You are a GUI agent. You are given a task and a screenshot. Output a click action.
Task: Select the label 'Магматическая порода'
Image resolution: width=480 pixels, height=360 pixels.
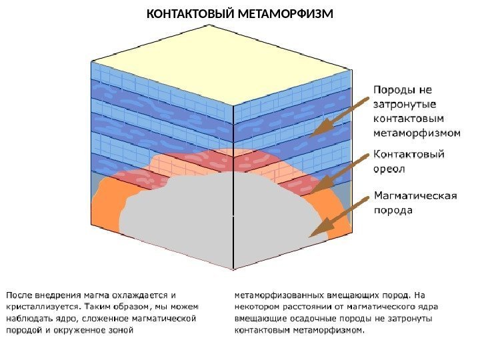pos(415,203)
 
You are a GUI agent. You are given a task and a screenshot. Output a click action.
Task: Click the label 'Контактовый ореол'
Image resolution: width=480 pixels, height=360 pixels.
pos(408,161)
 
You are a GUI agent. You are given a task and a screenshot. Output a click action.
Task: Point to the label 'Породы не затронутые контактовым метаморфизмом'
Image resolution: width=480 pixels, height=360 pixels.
pos(415,110)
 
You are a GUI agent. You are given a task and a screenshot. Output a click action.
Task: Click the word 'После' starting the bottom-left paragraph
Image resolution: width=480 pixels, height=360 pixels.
pos(19,294)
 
